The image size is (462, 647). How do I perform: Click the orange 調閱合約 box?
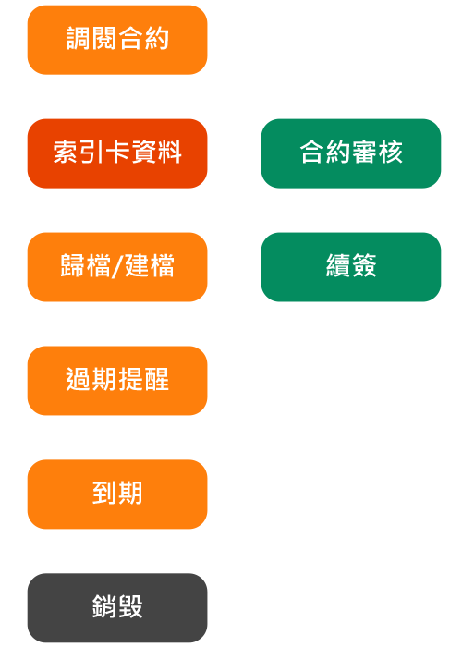[117, 40]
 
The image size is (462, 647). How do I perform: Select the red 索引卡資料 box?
[117, 153]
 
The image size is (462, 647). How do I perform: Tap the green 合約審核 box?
[351, 153]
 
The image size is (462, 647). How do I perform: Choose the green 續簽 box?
[351, 267]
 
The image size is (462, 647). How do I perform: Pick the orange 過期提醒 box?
[117, 381]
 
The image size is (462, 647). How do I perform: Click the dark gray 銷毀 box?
[117, 608]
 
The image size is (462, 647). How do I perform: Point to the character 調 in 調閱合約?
[79, 38]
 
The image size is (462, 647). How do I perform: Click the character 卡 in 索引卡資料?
[117, 152]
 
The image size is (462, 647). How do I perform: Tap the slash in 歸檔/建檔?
[117, 266]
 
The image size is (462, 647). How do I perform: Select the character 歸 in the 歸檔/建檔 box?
[73, 265]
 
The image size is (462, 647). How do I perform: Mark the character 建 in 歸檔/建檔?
[138, 265]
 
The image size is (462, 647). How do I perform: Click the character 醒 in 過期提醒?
[156, 379]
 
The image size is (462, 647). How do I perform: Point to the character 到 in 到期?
[104, 493]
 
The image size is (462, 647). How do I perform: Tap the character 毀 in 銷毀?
[130, 606]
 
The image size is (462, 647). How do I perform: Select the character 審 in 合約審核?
[364, 152]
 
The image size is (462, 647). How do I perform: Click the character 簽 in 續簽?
[364, 265]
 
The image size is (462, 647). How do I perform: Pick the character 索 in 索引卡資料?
[66, 152]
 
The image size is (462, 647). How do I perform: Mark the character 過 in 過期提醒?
[79, 379]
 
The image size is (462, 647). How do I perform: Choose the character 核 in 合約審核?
[390, 152]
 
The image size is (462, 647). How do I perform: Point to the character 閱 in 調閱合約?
[104, 38]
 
